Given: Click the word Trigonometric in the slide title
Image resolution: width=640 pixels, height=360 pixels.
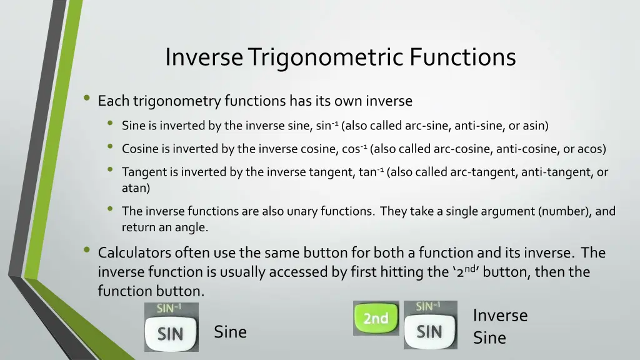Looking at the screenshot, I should pos(326,57).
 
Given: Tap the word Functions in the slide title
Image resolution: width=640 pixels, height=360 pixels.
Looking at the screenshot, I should pos(463,57).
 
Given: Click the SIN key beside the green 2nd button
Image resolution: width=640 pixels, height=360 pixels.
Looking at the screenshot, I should pos(429,332).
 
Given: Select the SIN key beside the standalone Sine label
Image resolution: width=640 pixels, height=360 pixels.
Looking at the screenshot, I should pos(171,334).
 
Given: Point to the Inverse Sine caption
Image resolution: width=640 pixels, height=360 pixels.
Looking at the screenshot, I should pos(499,326).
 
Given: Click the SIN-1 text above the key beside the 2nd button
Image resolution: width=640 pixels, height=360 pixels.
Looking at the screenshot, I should pos(428,306).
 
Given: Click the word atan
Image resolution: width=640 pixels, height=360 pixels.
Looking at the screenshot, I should pos(136,187).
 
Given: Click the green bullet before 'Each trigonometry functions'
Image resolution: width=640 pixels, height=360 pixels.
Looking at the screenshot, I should pos(87,99).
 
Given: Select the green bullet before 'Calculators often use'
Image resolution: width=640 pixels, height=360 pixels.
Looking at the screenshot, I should pos(87,251).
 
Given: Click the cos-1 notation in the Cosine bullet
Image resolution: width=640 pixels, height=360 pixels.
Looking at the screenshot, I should pos(355,149).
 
